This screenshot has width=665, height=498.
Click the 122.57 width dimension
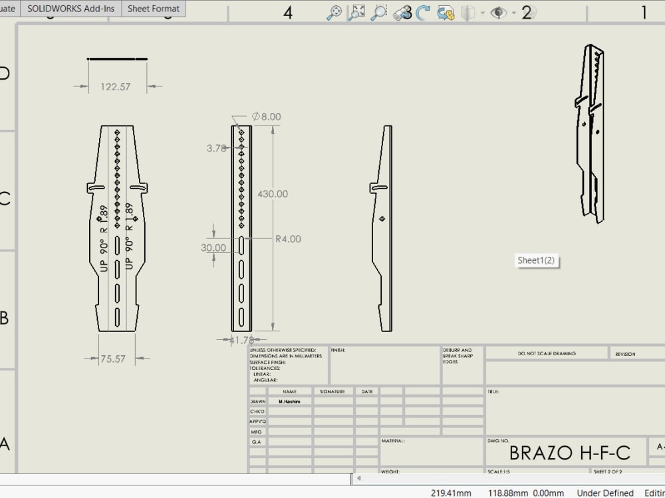(115, 86)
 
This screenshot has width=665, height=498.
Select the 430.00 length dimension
(272, 194)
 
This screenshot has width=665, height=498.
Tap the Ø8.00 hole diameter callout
(267, 117)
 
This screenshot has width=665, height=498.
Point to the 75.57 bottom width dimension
(112, 359)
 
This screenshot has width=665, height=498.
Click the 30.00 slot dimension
(214, 248)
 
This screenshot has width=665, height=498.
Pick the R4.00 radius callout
(288, 239)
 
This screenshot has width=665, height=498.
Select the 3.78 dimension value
(217, 149)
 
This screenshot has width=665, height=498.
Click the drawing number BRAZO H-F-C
(569, 453)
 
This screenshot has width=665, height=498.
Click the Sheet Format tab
(154, 9)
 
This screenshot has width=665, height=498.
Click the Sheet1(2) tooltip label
(536, 260)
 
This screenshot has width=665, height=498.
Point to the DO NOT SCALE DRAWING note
(547, 354)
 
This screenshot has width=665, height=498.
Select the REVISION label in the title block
(625, 354)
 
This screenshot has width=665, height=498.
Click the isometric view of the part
(591, 133)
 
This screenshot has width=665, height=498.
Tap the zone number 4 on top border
(288, 13)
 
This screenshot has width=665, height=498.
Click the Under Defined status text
(605, 493)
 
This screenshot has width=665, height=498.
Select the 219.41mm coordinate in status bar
(451, 493)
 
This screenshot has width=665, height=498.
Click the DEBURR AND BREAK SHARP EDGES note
(458, 356)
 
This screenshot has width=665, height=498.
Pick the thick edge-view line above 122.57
(118, 58)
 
